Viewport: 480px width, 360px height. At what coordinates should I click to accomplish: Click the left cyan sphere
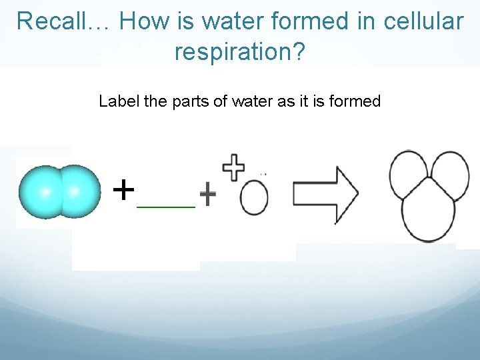[43, 192]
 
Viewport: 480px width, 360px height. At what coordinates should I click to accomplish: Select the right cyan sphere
[77, 191]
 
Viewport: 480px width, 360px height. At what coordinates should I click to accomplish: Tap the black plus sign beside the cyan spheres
[123, 189]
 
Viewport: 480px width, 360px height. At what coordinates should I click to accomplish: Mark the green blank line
[166, 207]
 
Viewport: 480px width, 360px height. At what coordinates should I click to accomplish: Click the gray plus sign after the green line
[208, 195]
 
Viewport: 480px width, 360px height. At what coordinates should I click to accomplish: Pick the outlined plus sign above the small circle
[233, 167]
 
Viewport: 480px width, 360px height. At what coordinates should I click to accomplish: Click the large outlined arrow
[325, 194]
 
